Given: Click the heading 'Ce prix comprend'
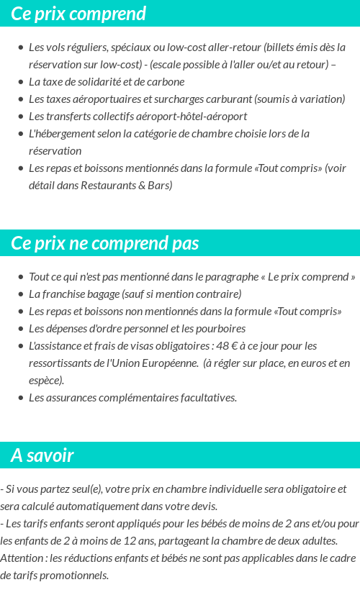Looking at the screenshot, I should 78,14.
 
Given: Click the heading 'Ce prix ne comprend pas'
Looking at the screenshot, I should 105,243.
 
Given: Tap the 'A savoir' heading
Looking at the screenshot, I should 42,455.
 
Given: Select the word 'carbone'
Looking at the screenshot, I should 167,82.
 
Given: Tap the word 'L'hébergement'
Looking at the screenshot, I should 61,134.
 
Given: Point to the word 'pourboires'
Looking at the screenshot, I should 218,329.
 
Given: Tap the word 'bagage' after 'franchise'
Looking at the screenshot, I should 101,294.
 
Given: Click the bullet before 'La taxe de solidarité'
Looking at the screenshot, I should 20,82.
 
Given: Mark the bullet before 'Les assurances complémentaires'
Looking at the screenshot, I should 20,398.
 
